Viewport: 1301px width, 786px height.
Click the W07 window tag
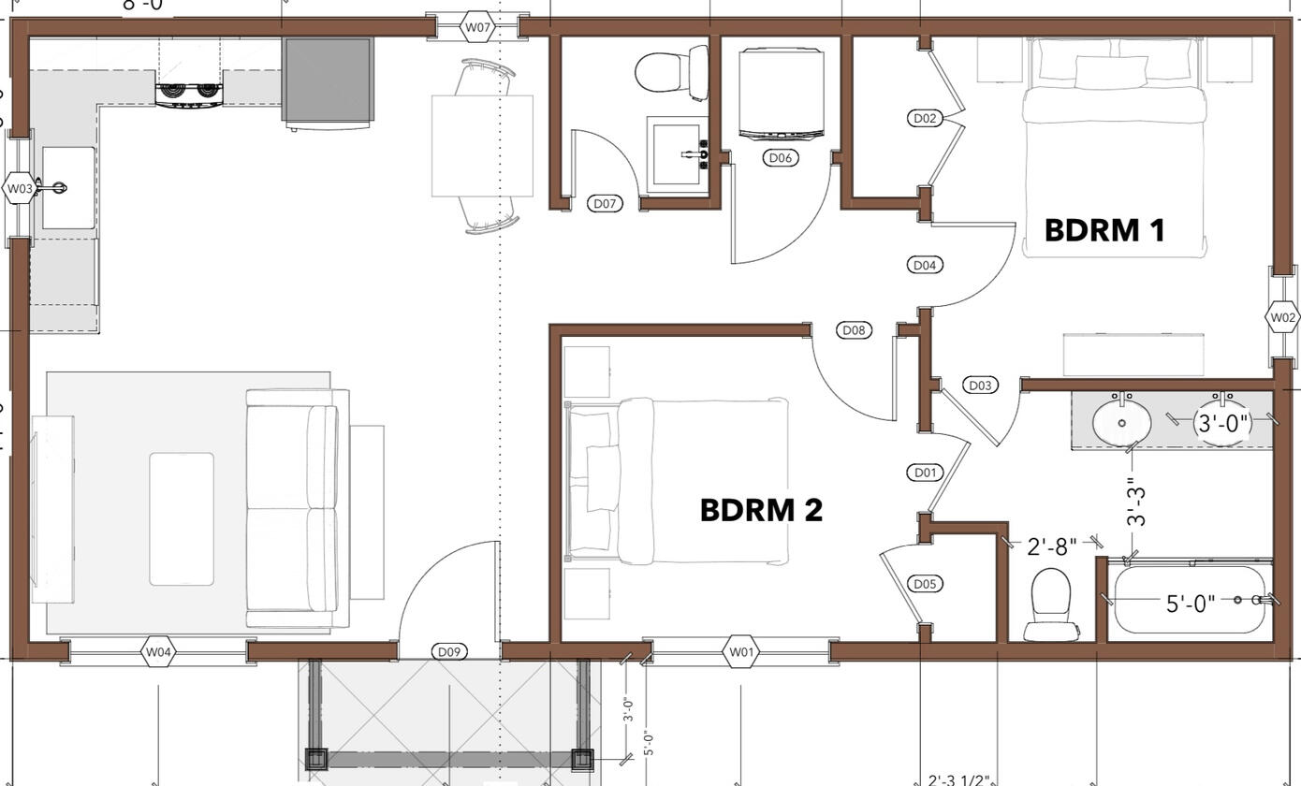tap(477, 27)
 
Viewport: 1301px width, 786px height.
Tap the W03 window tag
tap(20, 188)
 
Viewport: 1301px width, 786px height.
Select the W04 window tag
tap(158, 651)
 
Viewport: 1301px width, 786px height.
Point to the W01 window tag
tap(740, 651)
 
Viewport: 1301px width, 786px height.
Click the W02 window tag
tap(1282, 318)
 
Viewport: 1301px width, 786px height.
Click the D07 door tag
tap(605, 203)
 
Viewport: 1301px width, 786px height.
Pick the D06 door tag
tap(781, 157)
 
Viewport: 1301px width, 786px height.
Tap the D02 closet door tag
tap(925, 118)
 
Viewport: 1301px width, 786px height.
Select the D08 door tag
tap(854, 329)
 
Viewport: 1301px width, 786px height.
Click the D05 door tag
tap(925, 584)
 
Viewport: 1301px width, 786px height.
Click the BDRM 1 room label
tap(1104, 230)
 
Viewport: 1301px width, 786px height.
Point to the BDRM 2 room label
tap(761, 510)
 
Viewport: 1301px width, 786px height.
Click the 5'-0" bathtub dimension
tap(1190, 604)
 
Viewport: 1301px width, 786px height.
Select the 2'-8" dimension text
tap(1051, 546)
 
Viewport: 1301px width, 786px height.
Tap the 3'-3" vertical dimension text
tap(1135, 502)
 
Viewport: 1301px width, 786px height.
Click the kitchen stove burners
tap(190, 92)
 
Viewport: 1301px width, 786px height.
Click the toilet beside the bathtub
tap(1050, 604)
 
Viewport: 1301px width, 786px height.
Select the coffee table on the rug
tap(182, 518)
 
